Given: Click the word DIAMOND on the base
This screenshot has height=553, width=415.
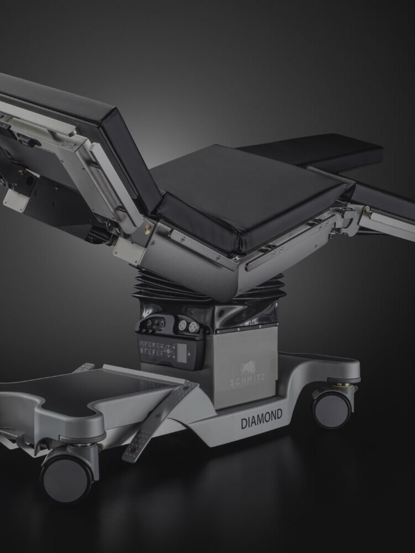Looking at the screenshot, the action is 261,419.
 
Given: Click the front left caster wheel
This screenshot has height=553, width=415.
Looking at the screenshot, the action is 67,478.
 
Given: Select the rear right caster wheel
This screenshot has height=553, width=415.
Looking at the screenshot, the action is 331,409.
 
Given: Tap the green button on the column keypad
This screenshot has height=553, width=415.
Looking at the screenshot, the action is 169,351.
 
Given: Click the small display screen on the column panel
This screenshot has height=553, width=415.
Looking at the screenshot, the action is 181,353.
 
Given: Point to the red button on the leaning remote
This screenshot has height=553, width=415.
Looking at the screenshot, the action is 133,450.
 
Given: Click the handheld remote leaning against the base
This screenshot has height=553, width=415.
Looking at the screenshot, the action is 159,422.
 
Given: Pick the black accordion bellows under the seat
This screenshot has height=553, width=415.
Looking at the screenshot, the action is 208,286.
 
